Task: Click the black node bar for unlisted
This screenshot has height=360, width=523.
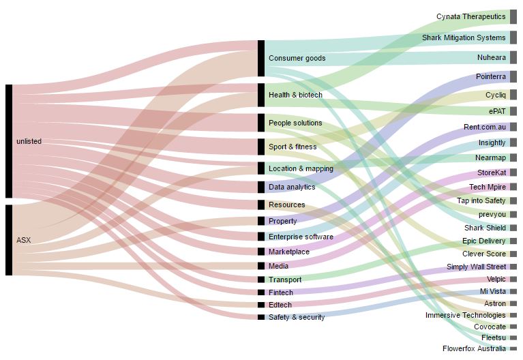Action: pos(9,141)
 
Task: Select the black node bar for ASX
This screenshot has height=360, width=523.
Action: pos(9,240)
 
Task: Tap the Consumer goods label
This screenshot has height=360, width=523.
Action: pos(297,58)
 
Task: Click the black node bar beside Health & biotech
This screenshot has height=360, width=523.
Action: pos(260,95)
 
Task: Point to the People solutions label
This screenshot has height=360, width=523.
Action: pos(295,123)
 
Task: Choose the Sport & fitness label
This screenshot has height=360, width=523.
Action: pos(293,147)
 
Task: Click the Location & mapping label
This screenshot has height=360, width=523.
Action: pos(301,168)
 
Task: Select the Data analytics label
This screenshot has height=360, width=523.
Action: pos(292,187)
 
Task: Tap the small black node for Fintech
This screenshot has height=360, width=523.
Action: pos(260,292)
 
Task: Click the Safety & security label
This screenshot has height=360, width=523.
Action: pos(297,317)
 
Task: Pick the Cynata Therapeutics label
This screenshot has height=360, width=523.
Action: pos(471,16)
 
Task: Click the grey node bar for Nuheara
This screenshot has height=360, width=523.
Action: pos(513,58)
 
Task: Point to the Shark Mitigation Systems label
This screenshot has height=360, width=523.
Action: pos(464,37)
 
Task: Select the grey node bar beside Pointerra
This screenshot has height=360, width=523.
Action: pos(513,77)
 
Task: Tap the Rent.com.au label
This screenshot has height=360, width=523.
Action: pos(484,127)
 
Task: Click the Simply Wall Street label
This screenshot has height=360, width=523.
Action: pos(476,267)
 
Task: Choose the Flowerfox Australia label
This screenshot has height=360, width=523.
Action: pos(474,348)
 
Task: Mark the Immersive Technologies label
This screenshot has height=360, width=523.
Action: pos(465,315)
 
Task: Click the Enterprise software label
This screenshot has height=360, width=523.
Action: pos(301,237)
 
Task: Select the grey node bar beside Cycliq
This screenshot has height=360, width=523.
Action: pos(513,95)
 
